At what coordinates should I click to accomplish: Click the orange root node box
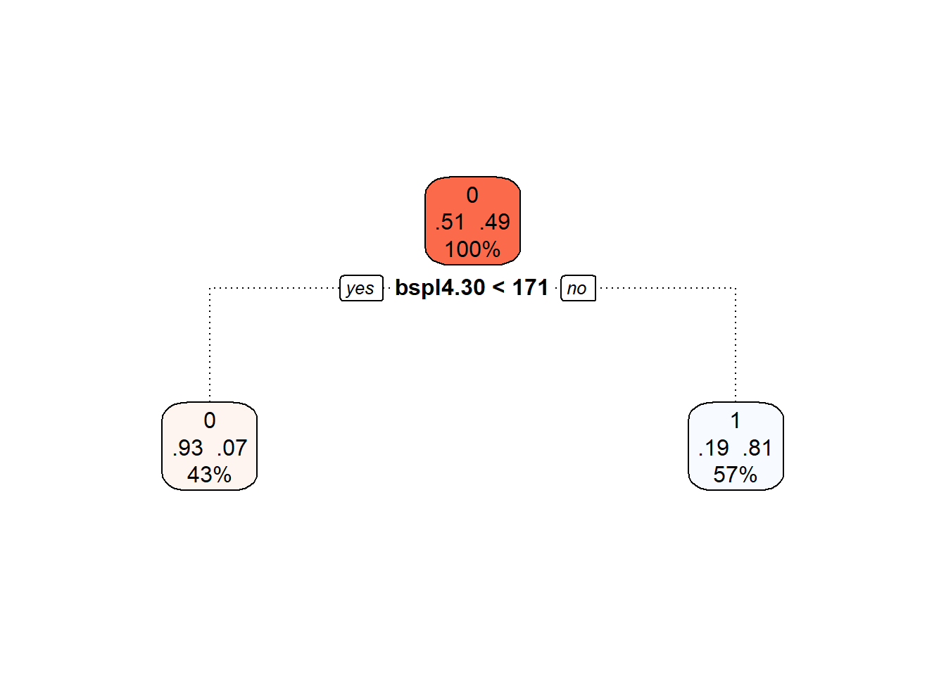(x=472, y=221)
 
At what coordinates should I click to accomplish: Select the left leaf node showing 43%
(x=210, y=446)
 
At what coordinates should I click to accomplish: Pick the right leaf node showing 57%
(x=736, y=446)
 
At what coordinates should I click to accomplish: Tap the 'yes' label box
(x=362, y=288)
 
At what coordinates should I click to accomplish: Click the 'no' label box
(x=578, y=288)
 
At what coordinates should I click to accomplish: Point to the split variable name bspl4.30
(x=440, y=288)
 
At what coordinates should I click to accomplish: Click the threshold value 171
(x=530, y=288)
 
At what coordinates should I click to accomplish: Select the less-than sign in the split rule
(x=498, y=288)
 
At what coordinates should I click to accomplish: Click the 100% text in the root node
(x=472, y=249)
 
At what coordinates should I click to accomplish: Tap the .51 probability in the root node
(x=450, y=222)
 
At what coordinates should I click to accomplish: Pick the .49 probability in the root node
(x=495, y=222)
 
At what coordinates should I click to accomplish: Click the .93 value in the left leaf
(x=187, y=448)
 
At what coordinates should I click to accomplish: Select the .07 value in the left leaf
(x=232, y=448)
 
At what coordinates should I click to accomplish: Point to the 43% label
(x=210, y=475)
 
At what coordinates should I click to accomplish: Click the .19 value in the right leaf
(x=714, y=448)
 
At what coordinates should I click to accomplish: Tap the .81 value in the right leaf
(x=757, y=448)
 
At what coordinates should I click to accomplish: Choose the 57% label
(x=736, y=475)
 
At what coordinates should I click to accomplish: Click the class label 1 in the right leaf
(x=736, y=420)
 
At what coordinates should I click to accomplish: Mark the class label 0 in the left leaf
(x=210, y=420)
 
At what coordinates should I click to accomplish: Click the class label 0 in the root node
(x=472, y=195)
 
